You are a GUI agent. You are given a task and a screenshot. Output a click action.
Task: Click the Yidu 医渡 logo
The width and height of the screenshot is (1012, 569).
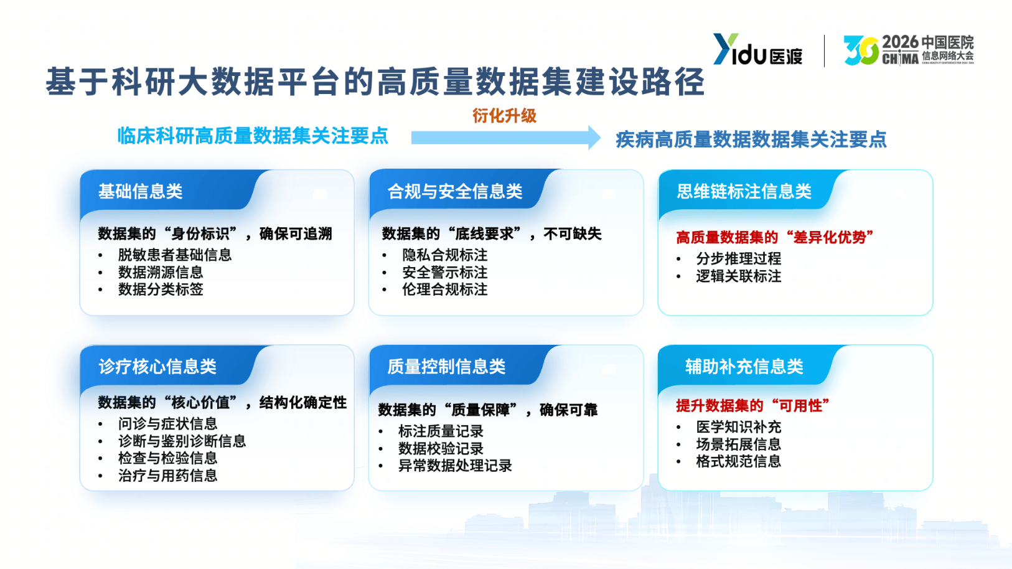[x=757, y=50]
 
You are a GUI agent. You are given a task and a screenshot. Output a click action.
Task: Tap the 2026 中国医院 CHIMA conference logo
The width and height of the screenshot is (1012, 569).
[x=908, y=50]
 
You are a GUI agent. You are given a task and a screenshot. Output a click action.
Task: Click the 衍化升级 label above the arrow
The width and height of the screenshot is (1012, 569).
[x=504, y=116]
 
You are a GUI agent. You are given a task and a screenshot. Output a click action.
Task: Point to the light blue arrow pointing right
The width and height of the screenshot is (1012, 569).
[x=505, y=138]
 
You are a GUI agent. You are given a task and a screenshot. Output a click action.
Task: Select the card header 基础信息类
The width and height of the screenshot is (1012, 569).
[x=141, y=192]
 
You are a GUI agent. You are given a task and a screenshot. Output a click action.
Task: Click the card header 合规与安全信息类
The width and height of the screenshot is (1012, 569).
[x=455, y=192]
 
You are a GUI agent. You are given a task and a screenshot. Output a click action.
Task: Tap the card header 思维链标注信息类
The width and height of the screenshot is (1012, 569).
[x=744, y=192]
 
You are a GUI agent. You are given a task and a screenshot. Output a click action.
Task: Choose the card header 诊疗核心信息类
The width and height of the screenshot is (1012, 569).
[x=157, y=367]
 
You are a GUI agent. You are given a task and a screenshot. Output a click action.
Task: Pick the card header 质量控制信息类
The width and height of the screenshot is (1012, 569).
[x=446, y=367]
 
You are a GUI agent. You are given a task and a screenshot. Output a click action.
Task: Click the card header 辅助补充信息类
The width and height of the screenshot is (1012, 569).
[x=744, y=367]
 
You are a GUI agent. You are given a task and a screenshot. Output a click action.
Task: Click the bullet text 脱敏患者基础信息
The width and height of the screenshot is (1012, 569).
[x=175, y=255]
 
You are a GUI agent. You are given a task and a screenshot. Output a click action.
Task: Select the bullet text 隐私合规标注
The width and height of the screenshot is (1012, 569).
[x=444, y=255]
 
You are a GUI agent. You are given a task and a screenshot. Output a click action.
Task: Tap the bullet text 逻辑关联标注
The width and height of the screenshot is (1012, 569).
[x=738, y=276]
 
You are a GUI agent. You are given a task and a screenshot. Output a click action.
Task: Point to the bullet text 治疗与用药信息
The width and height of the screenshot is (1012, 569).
[x=168, y=476]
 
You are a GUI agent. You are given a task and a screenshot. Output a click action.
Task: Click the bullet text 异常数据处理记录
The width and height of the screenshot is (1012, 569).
[x=455, y=466]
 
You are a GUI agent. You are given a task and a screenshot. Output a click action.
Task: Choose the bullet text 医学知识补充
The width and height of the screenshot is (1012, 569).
[x=738, y=427]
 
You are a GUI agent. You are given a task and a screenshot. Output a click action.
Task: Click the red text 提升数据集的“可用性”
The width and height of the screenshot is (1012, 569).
[x=752, y=406]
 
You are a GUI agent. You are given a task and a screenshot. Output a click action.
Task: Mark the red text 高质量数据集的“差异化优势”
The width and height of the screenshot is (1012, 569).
[x=774, y=237]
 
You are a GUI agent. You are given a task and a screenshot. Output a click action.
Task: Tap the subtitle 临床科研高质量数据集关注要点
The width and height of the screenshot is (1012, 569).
[x=253, y=136]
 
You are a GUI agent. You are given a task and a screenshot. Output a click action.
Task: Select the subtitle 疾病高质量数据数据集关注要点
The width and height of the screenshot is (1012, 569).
[x=751, y=139]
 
